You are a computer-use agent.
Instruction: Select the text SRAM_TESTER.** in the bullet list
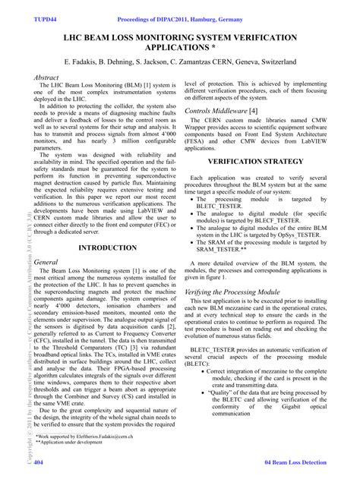tap(232, 248)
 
